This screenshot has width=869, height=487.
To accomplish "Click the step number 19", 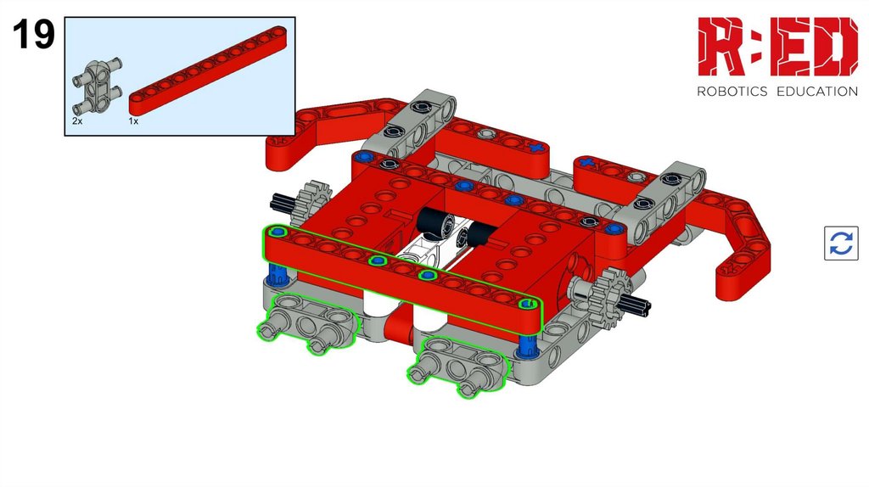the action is [34, 35].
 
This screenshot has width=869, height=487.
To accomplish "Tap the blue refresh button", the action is [841, 243].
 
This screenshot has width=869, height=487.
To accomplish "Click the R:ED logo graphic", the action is [777, 47].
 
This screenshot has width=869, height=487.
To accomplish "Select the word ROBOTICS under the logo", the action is [732, 92].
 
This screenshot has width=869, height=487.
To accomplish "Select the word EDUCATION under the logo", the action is [817, 92].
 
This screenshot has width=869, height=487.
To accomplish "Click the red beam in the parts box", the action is [208, 70].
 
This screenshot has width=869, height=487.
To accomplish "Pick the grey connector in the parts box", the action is [96, 87].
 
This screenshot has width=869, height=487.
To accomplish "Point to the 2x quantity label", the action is [77, 120].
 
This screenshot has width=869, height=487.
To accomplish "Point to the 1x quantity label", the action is [133, 120].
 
